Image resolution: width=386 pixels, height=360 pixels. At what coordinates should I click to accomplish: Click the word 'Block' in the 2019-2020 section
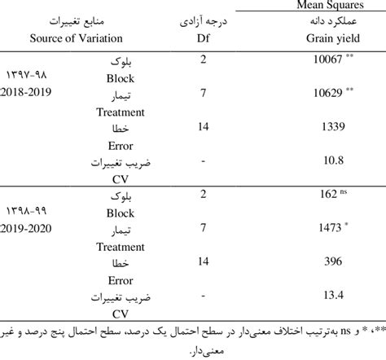click(121, 214)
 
